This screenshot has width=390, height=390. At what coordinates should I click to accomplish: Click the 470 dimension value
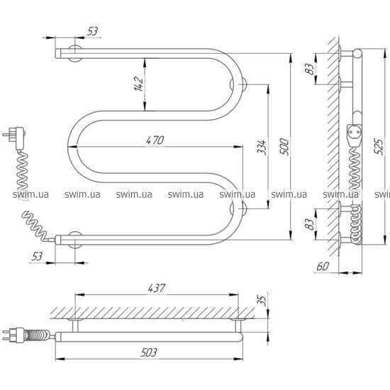tap(155, 140)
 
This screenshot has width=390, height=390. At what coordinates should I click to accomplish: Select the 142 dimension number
tap(139, 84)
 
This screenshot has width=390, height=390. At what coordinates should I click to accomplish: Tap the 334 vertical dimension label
tap(262, 147)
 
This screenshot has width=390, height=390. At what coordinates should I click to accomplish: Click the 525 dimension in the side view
tap(379, 147)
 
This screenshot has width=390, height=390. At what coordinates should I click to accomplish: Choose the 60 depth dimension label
tap(323, 267)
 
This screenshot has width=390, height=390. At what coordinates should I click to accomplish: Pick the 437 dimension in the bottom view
tap(157, 288)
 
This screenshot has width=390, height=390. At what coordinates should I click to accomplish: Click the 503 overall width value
tap(149, 352)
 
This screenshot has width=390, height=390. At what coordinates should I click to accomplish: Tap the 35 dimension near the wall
tap(263, 299)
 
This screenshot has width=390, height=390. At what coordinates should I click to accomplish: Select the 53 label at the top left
tap(92, 32)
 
